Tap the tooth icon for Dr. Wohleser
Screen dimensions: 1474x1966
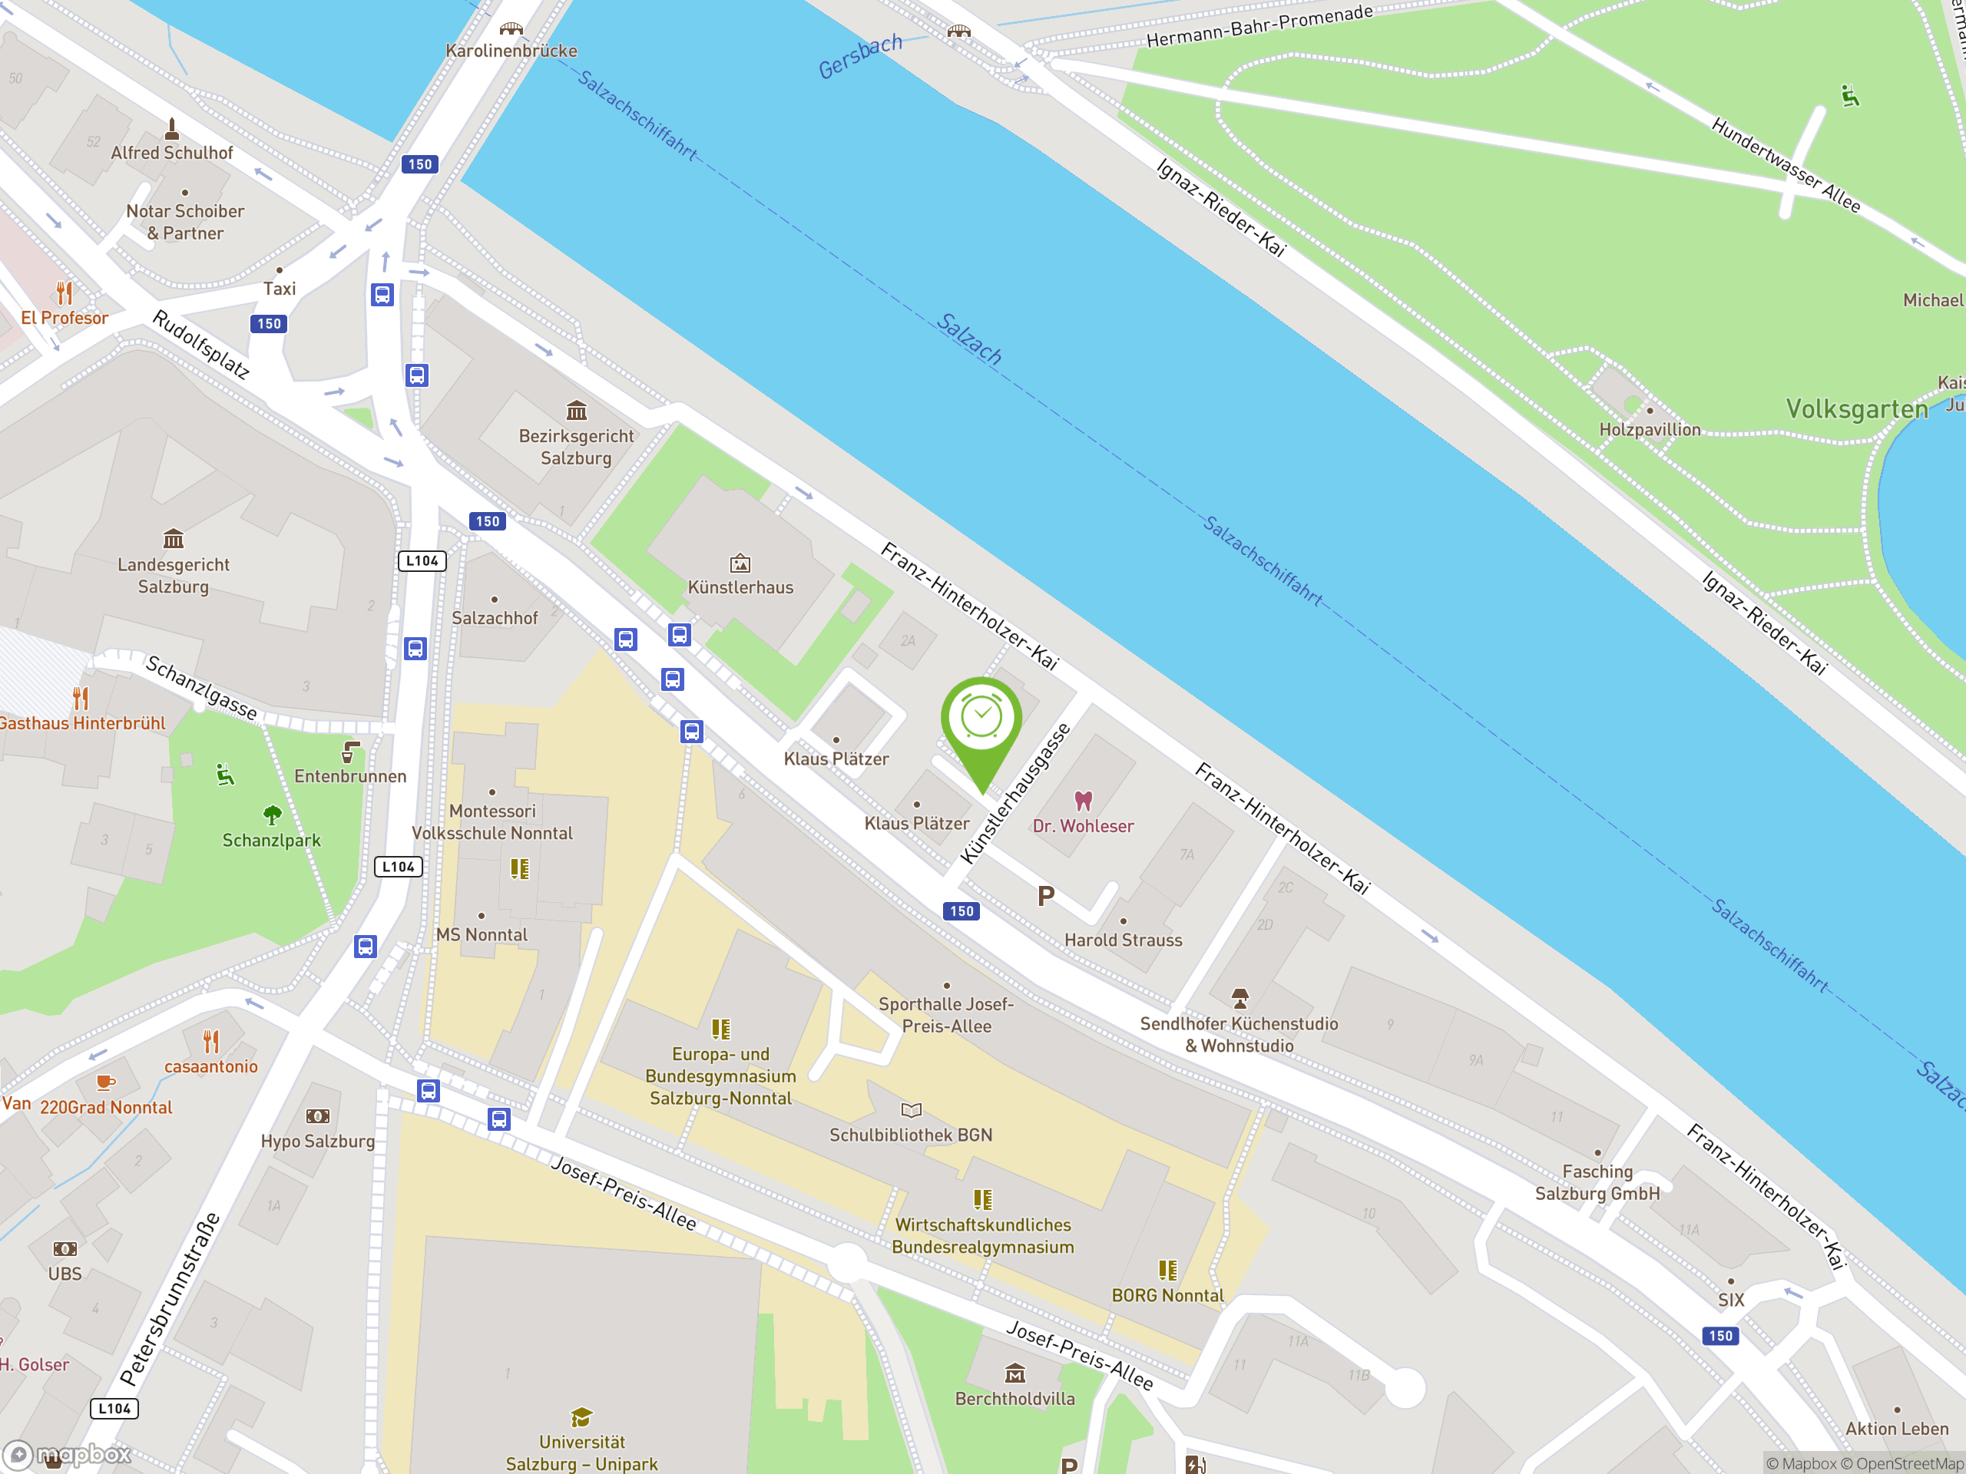[1083, 801]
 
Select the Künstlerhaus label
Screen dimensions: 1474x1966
[740, 587]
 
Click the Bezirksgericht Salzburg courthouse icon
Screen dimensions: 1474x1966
[577, 411]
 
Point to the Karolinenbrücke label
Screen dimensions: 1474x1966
[511, 51]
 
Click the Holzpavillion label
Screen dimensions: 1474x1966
[1650, 430]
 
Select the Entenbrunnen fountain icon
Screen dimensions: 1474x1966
[351, 752]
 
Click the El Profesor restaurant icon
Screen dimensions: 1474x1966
[64, 292]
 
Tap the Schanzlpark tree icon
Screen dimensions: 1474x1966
[272, 815]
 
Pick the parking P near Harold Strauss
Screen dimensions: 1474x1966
[1045, 897]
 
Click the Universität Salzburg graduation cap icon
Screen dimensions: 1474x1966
[581, 1416]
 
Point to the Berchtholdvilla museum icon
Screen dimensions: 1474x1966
[1015, 1374]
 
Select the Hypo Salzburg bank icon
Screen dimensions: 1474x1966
[317, 1117]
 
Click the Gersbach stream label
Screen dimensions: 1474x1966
[859, 57]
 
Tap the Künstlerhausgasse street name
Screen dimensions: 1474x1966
[1016, 793]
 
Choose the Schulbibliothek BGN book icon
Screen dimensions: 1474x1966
[911, 1109]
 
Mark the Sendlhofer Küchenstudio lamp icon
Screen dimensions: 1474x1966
[1239, 998]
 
